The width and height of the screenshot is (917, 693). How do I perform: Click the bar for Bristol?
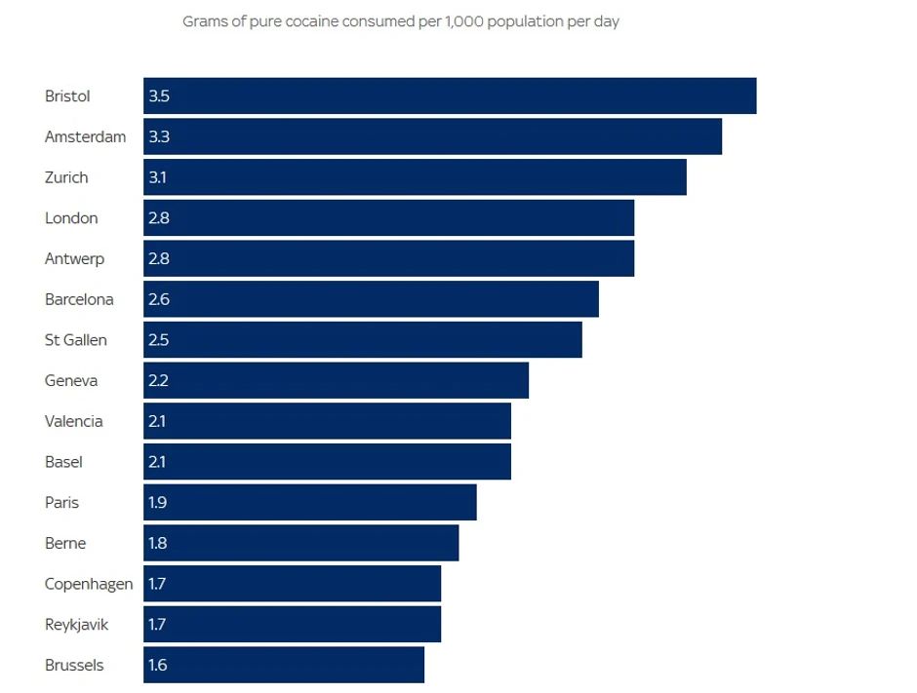click(x=450, y=96)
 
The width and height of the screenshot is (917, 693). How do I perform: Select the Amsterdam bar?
click(x=432, y=136)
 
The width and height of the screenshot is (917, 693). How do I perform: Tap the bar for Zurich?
click(x=415, y=177)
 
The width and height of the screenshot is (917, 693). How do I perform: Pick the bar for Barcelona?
click(x=371, y=299)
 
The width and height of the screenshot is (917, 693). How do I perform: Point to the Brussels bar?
click(x=284, y=666)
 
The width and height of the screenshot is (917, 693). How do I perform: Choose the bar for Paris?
click(x=310, y=503)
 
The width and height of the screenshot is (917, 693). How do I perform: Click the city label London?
click(x=71, y=218)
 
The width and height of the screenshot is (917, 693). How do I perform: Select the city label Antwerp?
click(x=74, y=259)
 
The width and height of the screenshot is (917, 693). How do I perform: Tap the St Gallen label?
click(x=76, y=340)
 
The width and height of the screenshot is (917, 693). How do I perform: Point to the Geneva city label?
click(x=71, y=381)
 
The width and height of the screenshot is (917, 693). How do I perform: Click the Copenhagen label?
click(x=89, y=585)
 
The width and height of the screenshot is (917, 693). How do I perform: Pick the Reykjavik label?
click(x=76, y=625)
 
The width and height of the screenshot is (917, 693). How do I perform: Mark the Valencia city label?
click(x=74, y=422)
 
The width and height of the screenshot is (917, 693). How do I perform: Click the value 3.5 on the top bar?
click(x=159, y=96)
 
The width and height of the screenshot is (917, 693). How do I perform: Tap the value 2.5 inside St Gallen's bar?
click(x=159, y=340)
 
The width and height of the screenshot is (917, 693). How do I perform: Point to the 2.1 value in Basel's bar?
click(x=157, y=462)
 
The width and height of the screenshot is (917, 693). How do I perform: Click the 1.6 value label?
click(x=158, y=666)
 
